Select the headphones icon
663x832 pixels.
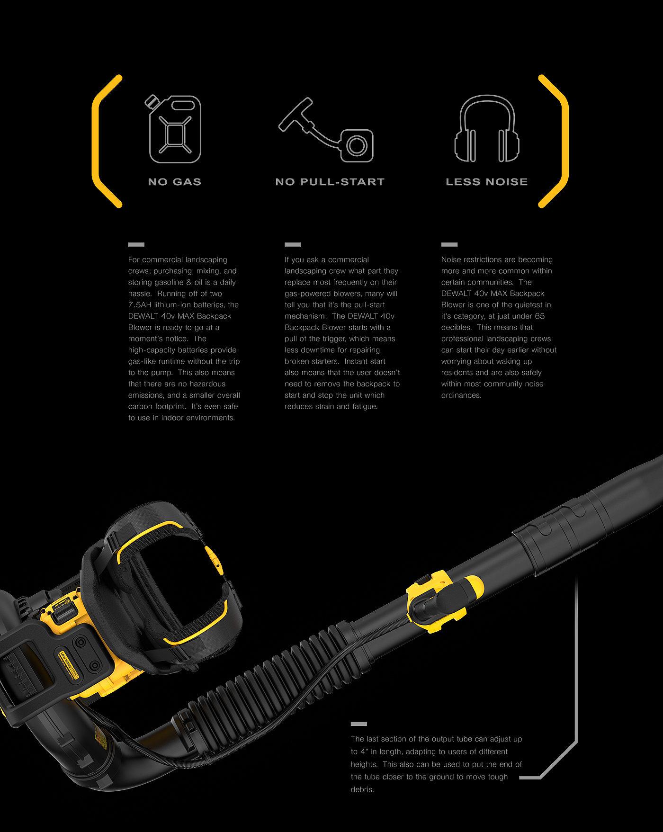(x=487, y=129)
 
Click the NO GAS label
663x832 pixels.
(x=175, y=182)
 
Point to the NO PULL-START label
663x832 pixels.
(x=330, y=182)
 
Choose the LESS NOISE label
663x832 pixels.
(x=487, y=182)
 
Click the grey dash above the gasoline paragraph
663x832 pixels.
(x=136, y=245)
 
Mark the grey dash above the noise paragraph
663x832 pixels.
(x=449, y=245)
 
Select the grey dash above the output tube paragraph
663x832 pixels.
(x=359, y=724)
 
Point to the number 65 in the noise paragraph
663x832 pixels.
(x=540, y=316)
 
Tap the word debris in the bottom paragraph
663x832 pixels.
(x=362, y=789)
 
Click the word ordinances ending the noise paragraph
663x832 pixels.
(x=461, y=395)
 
